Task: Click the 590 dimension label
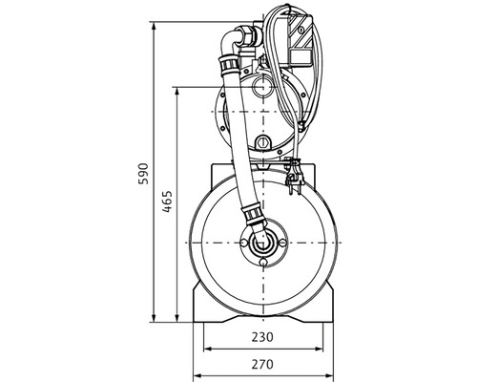[143, 174]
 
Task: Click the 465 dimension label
[167, 202]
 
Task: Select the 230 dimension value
[262, 336]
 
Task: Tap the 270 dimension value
[262, 364]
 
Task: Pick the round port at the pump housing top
[262, 87]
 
